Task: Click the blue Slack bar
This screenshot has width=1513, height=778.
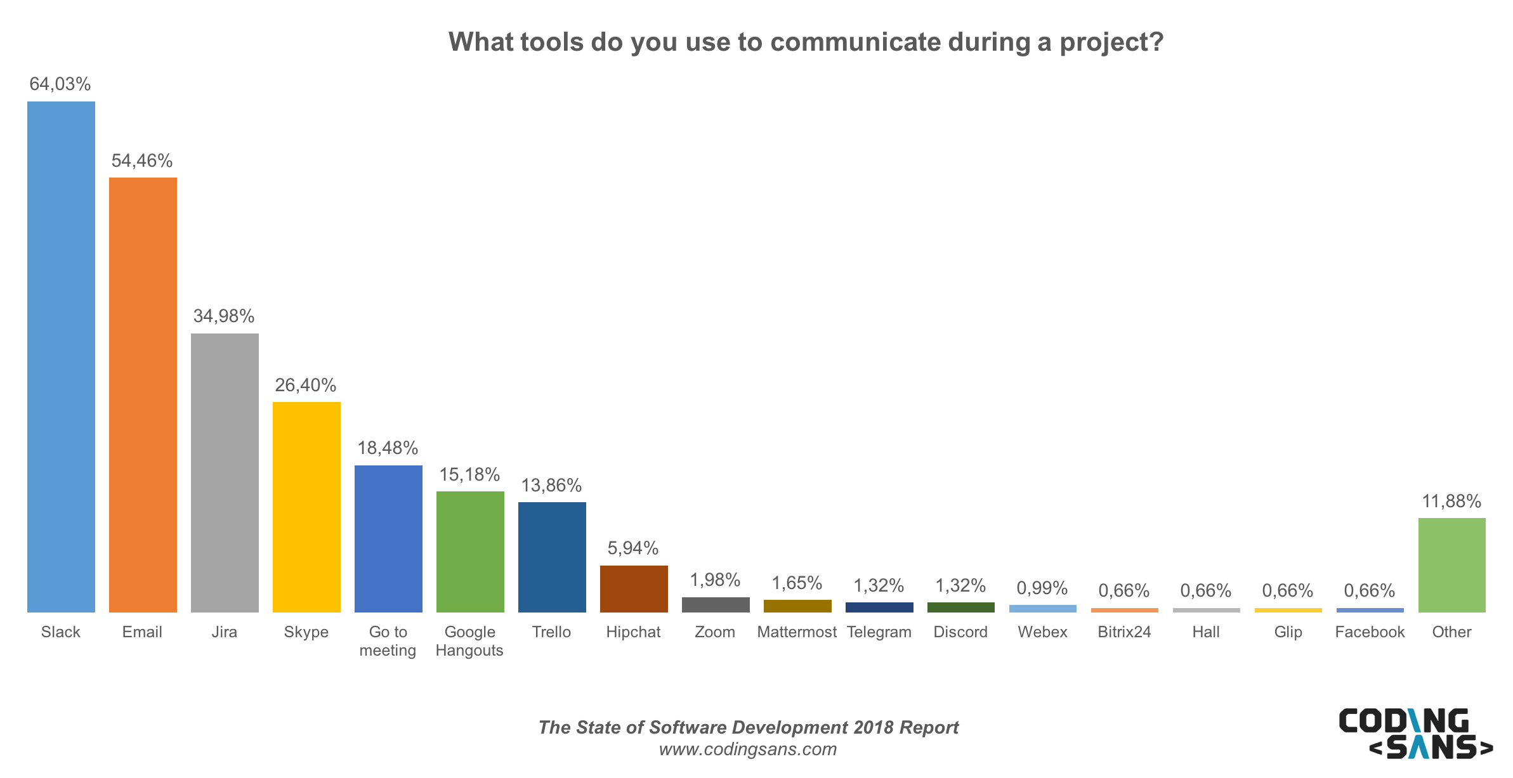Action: pyautogui.click(x=61, y=356)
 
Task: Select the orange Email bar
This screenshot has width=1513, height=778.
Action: pyautogui.click(x=143, y=394)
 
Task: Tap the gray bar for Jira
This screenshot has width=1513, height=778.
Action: pyautogui.click(x=225, y=472)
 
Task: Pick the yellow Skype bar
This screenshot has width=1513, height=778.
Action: pyautogui.click(x=306, y=507)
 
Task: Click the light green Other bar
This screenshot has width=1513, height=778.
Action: pyautogui.click(x=1451, y=564)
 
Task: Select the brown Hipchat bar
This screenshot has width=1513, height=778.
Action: pyautogui.click(x=634, y=588)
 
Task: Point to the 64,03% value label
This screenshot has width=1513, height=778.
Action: pyautogui.click(x=60, y=84)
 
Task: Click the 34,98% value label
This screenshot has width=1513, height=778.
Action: pyautogui.click(x=224, y=316)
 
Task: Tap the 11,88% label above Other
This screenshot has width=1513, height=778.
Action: pyautogui.click(x=1451, y=502)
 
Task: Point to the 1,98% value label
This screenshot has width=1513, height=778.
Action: pyautogui.click(x=715, y=580)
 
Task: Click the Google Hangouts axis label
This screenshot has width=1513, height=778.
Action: pyautogui.click(x=469, y=641)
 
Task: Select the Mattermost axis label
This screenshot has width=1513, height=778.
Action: pyautogui.click(x=797, y=632)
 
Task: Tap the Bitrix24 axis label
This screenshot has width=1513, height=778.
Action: pyautogui.click(x=1124, y=632)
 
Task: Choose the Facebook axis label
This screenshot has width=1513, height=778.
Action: pyautogui.click(x=1370, y=632)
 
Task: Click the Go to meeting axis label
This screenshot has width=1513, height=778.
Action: pyautogui.click(x=388, y=641)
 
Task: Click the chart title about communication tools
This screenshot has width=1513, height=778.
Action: pyautogui.click(x=806, y=42)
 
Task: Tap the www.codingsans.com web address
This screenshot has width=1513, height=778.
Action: pyautogui.click(x=748, y=749)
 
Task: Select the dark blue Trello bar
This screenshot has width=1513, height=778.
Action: pyautogui.click(x=552, y=557)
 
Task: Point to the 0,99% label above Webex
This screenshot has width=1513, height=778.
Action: pyautogui.click(x=1042, y=588)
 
